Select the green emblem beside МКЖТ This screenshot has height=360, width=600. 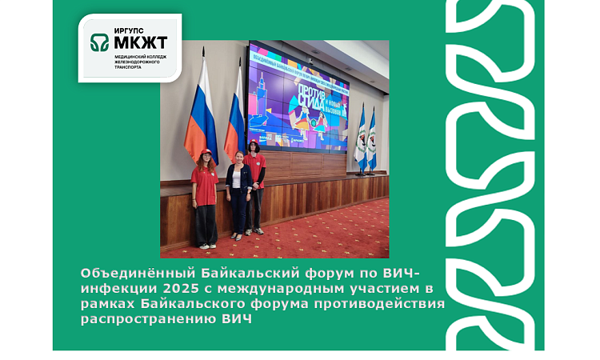click(100, 41)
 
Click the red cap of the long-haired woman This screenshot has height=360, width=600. click(206, 151)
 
